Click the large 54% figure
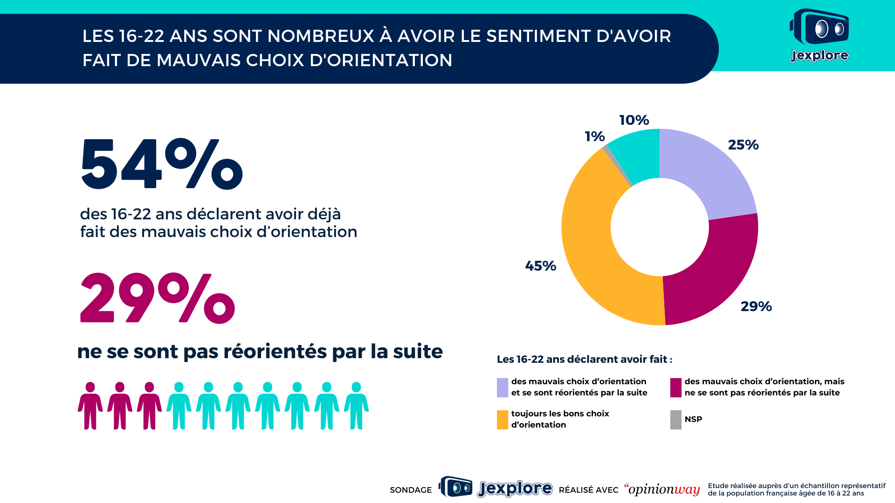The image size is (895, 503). (162, 165)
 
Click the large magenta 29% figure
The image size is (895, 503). (158, 298)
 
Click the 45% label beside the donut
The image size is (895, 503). (541, 266)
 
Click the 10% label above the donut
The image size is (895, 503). (634, 120)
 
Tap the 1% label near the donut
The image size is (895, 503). (595, 136)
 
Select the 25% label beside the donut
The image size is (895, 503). (744, 145)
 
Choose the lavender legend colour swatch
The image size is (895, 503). (503, 387)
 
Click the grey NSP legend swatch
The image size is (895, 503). (676, 420)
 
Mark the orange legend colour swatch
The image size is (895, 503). (503, 420)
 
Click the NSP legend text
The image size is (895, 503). (694, 419)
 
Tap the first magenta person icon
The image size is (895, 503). (90, 406)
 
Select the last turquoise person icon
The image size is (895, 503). (356, 406)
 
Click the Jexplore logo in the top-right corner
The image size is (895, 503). (819, 35)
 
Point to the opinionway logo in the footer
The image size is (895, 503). (662, 489)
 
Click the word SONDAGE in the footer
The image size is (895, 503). (411, 490)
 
